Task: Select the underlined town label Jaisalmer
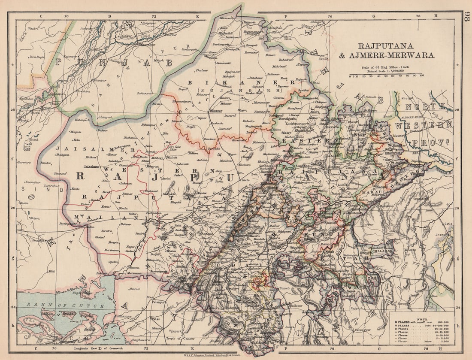(x=91, y=166)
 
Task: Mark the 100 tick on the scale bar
(x=422, y=76)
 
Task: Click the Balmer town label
(x=125, y=224)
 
